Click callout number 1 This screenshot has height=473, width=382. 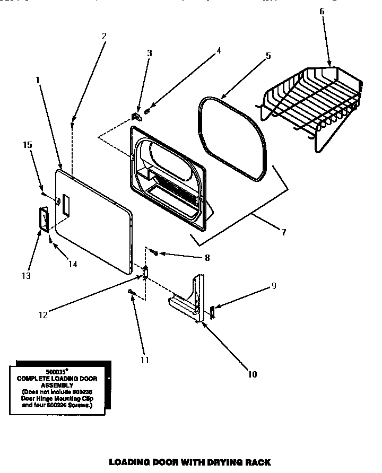coord(38,80)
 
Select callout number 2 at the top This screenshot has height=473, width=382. coord(104,36)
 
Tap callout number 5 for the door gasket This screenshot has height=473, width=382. coord(268,55)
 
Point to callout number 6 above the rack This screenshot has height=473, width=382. coord(322,11)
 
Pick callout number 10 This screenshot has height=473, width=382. coord(252,374)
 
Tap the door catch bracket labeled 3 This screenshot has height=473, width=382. coord(135,115)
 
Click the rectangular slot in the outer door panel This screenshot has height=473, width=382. coord(65,205)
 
